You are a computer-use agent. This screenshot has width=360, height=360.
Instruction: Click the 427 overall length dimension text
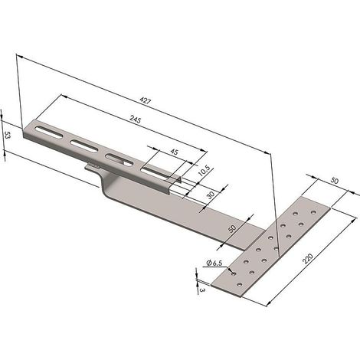146,100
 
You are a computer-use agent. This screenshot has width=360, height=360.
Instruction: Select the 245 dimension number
136,119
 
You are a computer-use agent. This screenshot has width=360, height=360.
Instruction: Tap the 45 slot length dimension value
174,152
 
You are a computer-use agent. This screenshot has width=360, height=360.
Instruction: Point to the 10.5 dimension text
204,171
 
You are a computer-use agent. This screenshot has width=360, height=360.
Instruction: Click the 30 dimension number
211,195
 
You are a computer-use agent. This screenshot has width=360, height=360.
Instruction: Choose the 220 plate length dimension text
307,258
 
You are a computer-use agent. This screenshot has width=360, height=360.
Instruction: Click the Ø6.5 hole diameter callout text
214,263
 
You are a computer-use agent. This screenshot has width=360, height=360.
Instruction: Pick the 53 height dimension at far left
8,135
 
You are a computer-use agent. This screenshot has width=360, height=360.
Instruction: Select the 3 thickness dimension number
202,290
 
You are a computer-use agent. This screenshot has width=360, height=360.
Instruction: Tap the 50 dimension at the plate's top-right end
335,181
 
